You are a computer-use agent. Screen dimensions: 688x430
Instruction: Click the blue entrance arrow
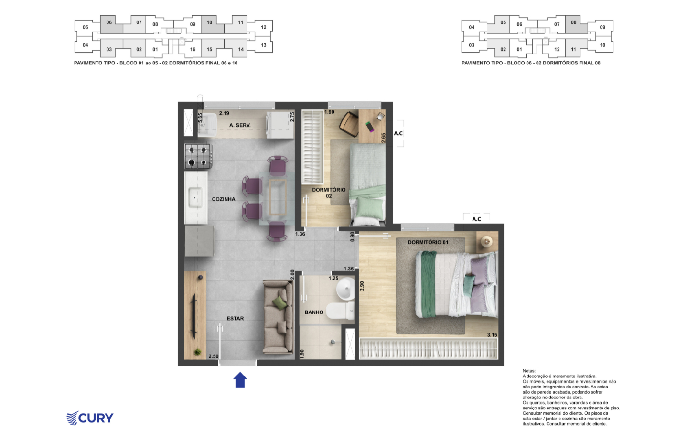pos(240,380)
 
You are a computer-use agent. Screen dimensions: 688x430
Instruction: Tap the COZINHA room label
pos(224,199)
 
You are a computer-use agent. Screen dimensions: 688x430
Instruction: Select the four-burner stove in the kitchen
pos(198,156)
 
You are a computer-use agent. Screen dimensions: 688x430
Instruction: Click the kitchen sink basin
pos(195,197)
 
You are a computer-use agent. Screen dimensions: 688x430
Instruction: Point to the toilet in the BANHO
pos(340,311)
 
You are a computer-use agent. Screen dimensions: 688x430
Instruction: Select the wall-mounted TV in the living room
pos(194,316)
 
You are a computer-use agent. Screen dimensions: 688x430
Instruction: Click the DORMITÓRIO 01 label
pos(428,242)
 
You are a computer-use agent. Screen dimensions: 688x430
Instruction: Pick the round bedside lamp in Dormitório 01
pos(486,241)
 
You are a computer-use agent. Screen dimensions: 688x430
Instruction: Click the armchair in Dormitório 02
pos(349,124)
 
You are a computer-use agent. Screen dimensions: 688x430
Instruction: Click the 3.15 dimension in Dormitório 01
pos(492,335)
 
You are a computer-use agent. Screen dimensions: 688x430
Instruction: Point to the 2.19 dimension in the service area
pos(224,113)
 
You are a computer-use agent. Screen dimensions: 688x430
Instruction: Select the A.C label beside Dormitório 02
pos(398,133)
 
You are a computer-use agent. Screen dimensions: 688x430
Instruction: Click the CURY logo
pos(90,418)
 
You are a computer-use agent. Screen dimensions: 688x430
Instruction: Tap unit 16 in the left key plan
pos(193,49)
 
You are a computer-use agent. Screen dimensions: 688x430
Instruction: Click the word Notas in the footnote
pos(529,371)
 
